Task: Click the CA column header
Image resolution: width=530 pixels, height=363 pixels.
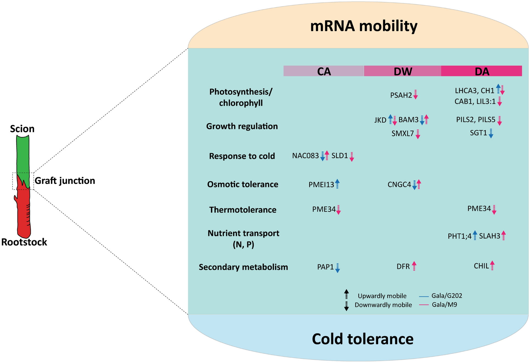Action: [x=323, y=71]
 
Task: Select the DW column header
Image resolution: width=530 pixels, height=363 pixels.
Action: [x=403, y=71]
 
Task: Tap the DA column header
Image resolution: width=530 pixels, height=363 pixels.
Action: [x=481, y=71]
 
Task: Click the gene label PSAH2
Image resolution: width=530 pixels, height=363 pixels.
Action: [x=401, y=95]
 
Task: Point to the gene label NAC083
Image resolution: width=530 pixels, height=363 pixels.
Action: [x=305, y=156]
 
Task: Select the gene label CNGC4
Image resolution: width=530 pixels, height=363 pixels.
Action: [x=399, y=184]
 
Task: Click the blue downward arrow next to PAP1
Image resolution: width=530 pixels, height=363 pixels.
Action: [x=337, y=268]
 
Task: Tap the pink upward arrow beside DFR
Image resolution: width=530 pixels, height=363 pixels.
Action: [x=414, y=266]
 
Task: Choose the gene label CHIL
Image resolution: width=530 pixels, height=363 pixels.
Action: [x=481, y=266]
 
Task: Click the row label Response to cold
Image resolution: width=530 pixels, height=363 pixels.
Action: [x=242, y=156]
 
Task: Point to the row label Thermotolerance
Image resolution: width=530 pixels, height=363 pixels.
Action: [x=243, y=210]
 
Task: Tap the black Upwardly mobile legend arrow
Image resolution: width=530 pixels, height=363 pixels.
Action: [x=346, y=294]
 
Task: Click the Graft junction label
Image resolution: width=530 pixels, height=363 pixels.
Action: [x=65, y=181]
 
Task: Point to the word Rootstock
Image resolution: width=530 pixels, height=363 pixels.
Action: [x=24, y=242]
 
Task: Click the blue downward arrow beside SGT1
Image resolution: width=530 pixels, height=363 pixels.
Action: [x=491, y=133]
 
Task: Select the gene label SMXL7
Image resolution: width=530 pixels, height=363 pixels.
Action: [x=403, y=133]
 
